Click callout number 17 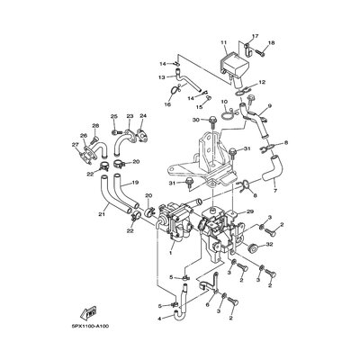(x=255, y=36)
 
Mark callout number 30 (x=195, y=120)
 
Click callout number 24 (x=142, y=117)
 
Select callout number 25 (x=114, y=117)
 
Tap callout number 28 (x=94, y=125)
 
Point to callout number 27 (x=75, y=144)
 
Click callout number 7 (x=274, y=193)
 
